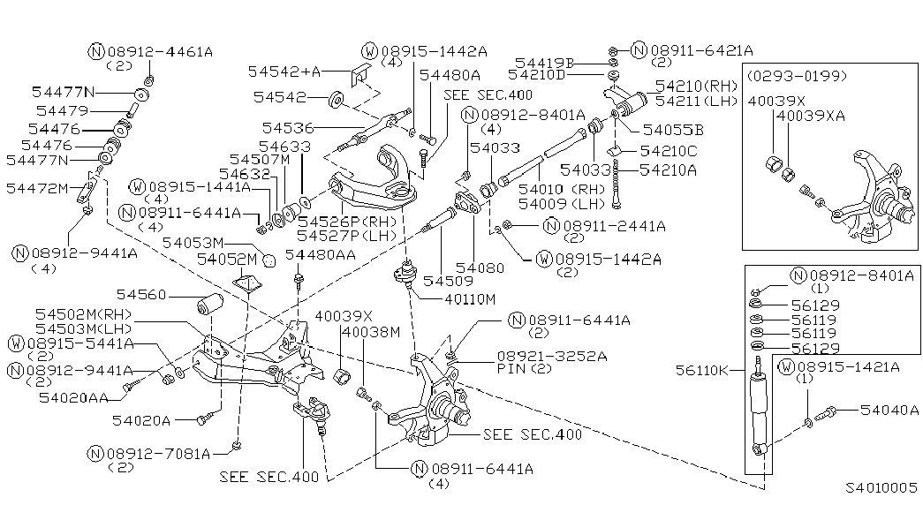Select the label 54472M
pos(36,188)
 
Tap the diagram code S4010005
pos(881,487)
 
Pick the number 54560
pos(144,295)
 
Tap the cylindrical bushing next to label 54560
pos(208,305)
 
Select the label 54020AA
pos(74,399)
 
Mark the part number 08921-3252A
pos(540,356)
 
